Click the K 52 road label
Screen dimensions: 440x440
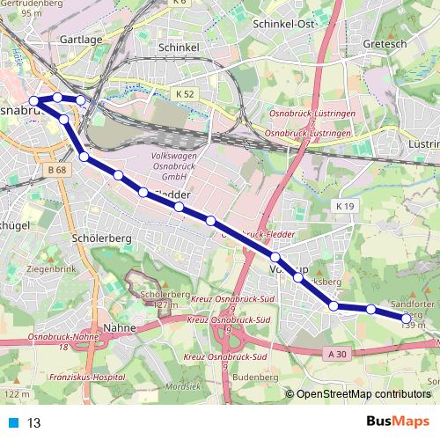[186, 92]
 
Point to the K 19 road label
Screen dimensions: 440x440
[344, 205]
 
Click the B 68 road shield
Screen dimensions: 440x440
[58, 169]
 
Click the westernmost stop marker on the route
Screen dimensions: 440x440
[33, 101]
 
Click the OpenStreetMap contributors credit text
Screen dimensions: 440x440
[363, 395]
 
